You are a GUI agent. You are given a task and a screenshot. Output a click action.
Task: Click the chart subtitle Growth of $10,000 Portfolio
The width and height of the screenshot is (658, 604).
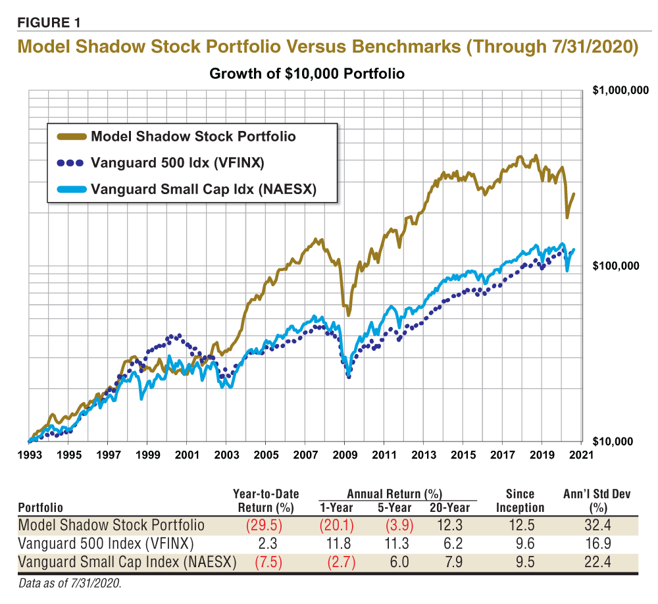click(x=307, y=74)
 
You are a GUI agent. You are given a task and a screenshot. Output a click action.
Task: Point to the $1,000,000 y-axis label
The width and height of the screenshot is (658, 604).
click(x=620, y=91)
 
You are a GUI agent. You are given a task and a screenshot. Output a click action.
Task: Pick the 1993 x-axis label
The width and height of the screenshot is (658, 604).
click(x=29, y=454)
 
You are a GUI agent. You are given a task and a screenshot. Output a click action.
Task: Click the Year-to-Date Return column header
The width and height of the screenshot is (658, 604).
click(x=266, y=500)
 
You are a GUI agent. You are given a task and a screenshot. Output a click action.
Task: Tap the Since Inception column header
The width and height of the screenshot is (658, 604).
click(x=520, y=500)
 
